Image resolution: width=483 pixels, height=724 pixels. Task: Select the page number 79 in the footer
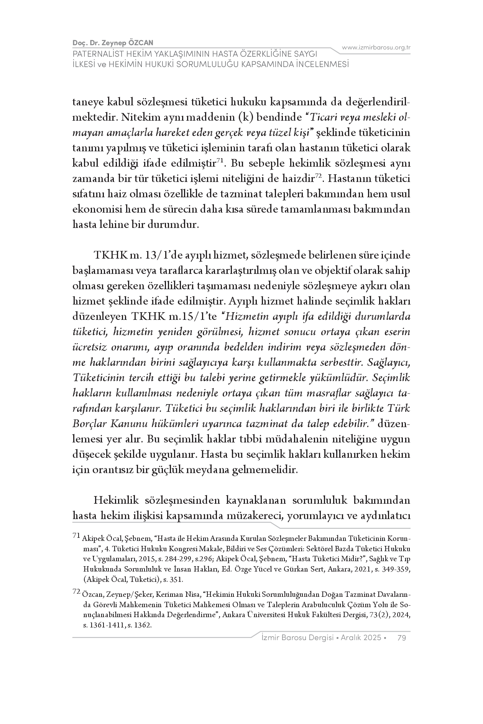pos(402,637)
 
